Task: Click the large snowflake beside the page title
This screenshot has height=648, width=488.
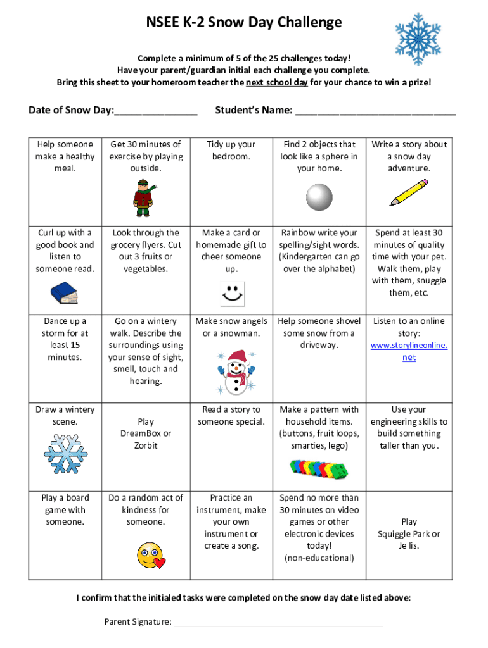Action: [x=418, y=39]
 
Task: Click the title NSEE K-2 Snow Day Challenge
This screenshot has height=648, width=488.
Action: [x=243, y=23]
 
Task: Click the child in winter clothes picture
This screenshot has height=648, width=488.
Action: [x=143, y=197]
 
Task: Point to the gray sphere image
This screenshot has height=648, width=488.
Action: [x=319, y=197]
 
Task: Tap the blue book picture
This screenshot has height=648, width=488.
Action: [x=63, y=294]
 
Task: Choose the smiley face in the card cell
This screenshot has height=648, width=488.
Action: [x=231, y=294]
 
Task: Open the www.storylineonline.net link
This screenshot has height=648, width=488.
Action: [x=409, y=351]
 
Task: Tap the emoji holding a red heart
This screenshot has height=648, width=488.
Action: [x=150, y=555]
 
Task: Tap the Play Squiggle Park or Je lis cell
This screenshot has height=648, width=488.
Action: [x=409, y=533]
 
